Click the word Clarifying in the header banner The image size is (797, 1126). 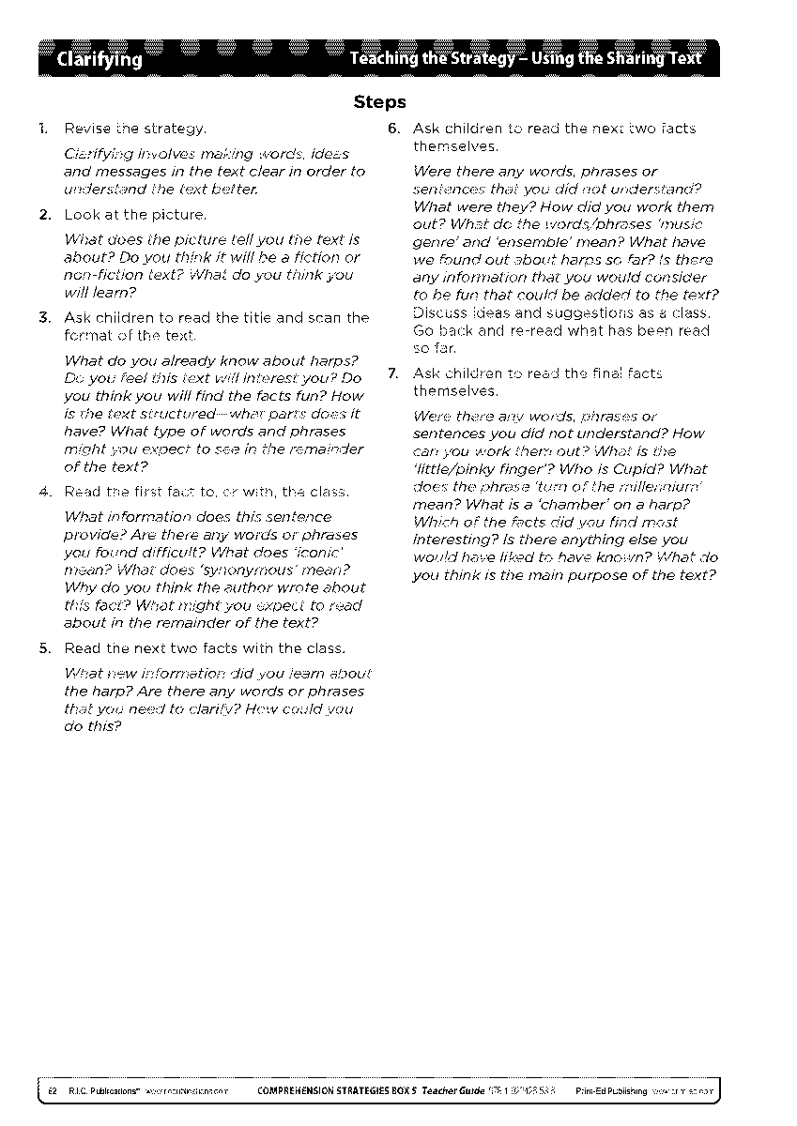[100, 60]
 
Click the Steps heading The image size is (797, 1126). [379, 101]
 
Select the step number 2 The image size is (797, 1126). [44, 215]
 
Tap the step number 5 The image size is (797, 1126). [44, 648]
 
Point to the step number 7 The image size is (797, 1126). [394, 374]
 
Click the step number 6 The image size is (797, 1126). [394, 129]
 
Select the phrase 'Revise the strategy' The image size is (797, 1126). [135, 129]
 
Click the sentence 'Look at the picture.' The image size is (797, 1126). [135, 215]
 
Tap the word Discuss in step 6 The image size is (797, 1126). [438, 312]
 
